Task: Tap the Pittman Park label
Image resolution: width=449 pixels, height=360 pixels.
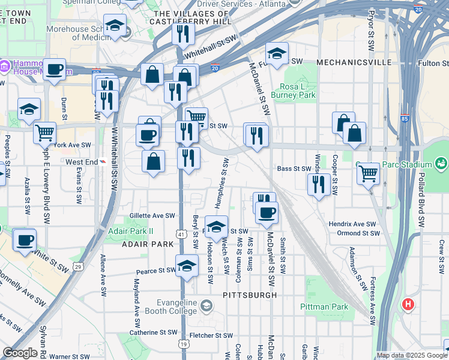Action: pyautogui.click(x=324, y=307)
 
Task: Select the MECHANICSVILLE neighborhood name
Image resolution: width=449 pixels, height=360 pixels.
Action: pyautogui.click(x=354, y=62)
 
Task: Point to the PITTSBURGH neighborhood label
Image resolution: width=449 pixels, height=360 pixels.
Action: pyautogui.click(x=250, y=295)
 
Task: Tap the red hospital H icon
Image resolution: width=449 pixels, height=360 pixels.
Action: pyautogui.click(x=409, y=305)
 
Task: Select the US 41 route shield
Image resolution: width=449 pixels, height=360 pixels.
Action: pyautogui.click(x=181, y=233)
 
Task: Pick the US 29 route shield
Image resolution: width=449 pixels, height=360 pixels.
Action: pyautogui.click(x=77, y=265)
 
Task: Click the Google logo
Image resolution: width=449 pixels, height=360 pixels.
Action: pyautogui.click(x=20, y=353)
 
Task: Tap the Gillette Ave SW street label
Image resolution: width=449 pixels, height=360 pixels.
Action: pyautogui.click(x=152, y=215)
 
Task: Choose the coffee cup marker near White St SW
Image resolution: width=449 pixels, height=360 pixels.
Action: pyautogui.click(x=25, y=241)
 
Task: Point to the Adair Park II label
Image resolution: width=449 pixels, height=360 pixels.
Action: pyautogui.click(x=131, y=231)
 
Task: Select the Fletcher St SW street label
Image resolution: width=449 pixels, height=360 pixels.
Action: pyautogui.click(x=211, y=336)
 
